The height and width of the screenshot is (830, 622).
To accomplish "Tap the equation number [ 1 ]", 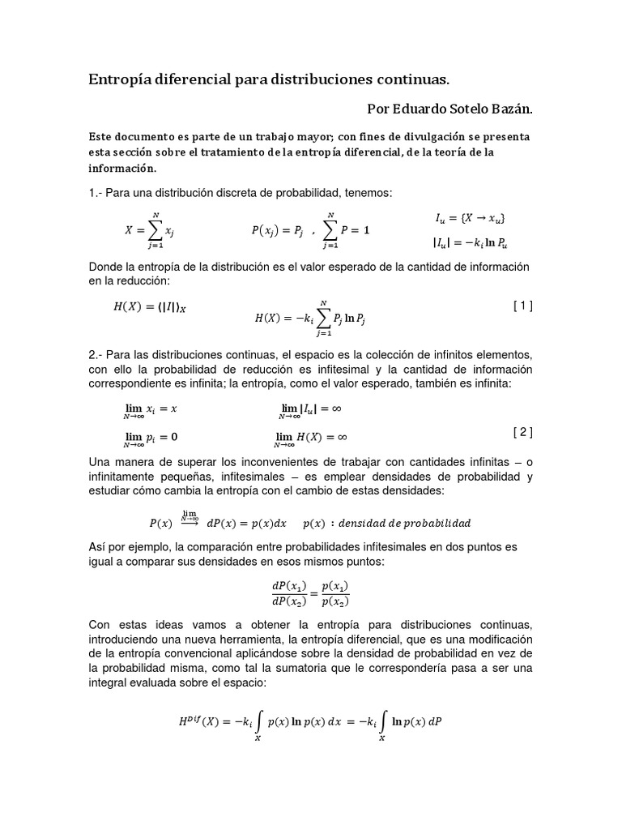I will pyautogui.click(x=522, y=306).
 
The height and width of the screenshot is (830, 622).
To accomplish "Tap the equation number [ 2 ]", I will pyautogui.click(x=522, y=432).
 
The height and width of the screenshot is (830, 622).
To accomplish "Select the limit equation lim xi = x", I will pyautogui.click(x=150, y=411).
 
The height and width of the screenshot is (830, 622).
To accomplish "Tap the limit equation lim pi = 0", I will pyautogui.click(x=150, y=439).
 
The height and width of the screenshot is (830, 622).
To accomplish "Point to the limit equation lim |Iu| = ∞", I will pyautogui.click(x=312, y=411).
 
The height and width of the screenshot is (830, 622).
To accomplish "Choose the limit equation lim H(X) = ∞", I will pyautogui.click(x=312, y=439).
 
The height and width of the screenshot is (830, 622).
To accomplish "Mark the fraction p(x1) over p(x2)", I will pyautogui.click(x=334, y=594).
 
